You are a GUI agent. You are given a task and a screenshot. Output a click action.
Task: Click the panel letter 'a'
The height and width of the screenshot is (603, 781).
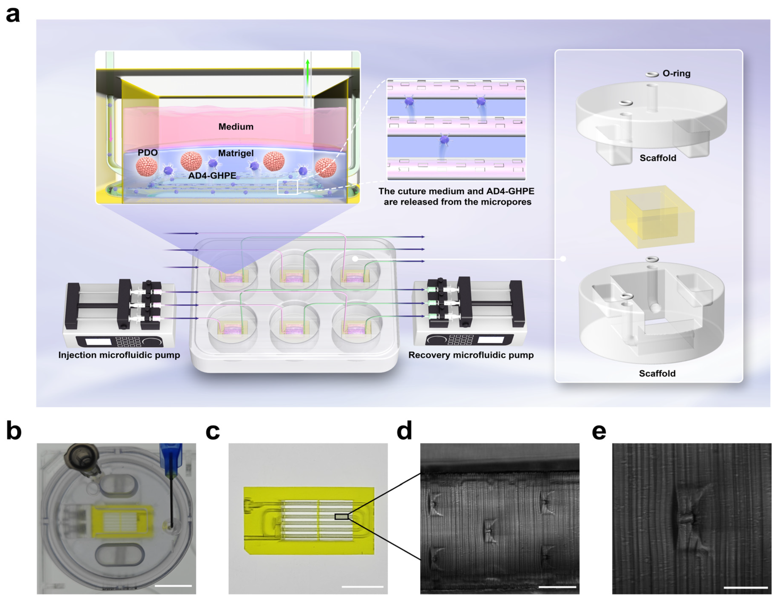(13, 15)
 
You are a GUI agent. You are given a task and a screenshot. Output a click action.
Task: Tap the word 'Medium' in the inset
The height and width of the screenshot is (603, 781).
(236, 127)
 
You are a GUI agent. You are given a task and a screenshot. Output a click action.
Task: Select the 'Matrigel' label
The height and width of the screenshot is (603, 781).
(236, 153)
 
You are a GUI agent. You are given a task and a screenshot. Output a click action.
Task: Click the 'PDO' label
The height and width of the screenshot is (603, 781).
(148, 153)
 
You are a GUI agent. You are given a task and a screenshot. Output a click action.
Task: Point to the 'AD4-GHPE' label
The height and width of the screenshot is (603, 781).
(212, 175)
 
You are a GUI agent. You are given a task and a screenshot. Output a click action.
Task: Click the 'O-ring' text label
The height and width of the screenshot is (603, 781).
(676, 73)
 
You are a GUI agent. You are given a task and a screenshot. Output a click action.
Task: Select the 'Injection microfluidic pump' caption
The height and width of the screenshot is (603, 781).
(119, 355)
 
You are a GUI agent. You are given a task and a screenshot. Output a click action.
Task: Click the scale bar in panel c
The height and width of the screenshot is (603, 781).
(362, 586)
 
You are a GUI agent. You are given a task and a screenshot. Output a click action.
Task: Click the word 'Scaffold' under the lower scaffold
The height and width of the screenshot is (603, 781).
(657, 373)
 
